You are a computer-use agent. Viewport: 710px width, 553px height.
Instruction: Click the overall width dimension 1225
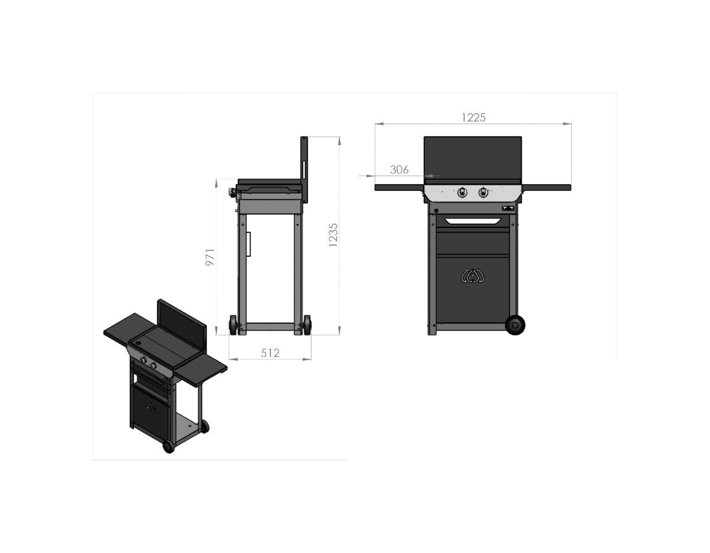[474, 117]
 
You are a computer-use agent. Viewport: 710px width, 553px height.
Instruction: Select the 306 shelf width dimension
[399, 169]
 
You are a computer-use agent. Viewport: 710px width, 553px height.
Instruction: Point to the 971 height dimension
[211, 257]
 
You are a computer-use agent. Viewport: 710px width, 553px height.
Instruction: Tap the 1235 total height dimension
[333, 235]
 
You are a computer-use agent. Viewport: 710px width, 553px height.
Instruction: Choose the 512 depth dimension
[270, 353]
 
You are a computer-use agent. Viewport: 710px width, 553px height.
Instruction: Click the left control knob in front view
[462, 193]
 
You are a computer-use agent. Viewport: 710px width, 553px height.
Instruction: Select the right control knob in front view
[483, 193]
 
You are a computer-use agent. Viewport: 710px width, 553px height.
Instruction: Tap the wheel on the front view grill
[514, 325]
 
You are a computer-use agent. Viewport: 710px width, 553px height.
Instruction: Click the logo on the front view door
[473, 276]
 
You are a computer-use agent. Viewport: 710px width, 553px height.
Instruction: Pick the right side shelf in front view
[546, 187]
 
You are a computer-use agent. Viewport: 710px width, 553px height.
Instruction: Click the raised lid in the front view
[472, 158]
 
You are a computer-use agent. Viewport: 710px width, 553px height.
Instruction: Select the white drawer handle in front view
[473, 221]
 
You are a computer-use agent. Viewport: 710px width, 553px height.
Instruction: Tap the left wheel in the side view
[233, 325]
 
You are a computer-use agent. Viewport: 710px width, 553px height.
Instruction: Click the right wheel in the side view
[306, 325]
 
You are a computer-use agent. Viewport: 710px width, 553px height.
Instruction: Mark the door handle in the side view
[249, 244]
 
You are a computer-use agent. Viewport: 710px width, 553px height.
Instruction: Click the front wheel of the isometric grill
[168, 446]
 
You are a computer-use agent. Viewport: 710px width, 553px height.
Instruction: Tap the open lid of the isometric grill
[182, 321]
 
